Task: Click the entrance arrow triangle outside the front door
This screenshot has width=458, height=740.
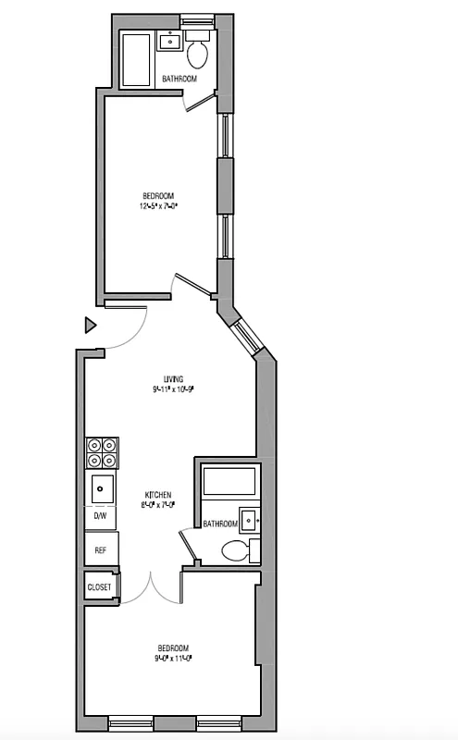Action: coord(90,325)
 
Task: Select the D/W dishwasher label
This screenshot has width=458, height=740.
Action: coord(100,516)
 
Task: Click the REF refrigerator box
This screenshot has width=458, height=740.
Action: coord(101,549)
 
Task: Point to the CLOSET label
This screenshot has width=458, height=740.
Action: coord(99,587)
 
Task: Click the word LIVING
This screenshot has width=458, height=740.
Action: coord(173,379)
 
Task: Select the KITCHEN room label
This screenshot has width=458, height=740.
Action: coord(157,495)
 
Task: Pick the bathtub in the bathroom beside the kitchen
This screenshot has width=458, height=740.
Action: coord(227,483)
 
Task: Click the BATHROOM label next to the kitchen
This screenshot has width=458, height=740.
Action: coord(220,524)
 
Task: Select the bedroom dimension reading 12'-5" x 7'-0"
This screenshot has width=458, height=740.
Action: coord(158,206)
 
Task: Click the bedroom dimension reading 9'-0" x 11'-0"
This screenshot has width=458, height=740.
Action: coord(173,659)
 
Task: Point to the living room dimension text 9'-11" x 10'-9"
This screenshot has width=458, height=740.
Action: coord(173,389)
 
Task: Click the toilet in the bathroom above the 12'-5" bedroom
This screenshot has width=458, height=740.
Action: coord(197,52)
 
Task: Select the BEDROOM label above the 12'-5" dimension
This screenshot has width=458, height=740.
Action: coord(158,195)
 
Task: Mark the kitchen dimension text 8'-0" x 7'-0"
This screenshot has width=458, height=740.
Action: coord(157,505)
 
